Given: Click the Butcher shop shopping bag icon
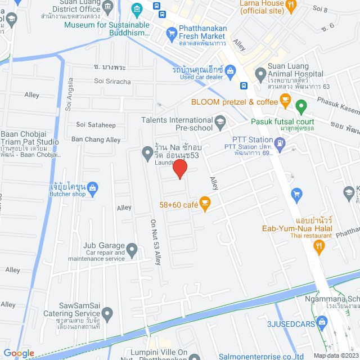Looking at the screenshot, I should pos(93,187).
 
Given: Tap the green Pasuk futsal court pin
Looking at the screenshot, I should pos(300,105).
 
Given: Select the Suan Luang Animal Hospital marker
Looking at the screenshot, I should pos(260,74).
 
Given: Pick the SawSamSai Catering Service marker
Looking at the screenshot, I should pos(108,313).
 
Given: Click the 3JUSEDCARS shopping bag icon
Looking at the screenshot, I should pos(322,322).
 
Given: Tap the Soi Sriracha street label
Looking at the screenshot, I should pos(112,82).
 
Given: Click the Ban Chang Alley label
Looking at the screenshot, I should pos(96,139).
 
